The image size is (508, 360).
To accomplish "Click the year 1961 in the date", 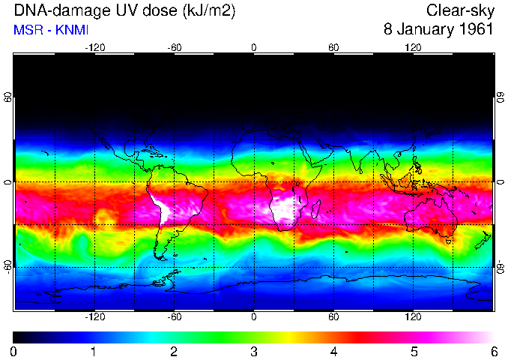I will [x=474, y=30].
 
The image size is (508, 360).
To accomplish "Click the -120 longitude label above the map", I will [x=94, y=47].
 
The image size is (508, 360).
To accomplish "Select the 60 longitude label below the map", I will [x=333, y=317].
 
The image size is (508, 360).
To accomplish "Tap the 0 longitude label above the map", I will [x=254, y=47].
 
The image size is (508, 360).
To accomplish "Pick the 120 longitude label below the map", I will [x=413, y=317].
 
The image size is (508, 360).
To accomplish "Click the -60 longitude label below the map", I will [x=174, y=317].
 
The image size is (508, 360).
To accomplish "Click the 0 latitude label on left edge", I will [x=8, y=182].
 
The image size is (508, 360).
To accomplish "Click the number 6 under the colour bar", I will [x=494, y=351].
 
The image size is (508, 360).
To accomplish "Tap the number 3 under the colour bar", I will [x=254, y=351].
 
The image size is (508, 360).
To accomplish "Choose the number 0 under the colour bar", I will [x=14, y=351].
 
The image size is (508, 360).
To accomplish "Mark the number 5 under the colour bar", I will [x=414, y=351].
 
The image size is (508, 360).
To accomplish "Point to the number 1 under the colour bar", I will [x=94, y=351].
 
